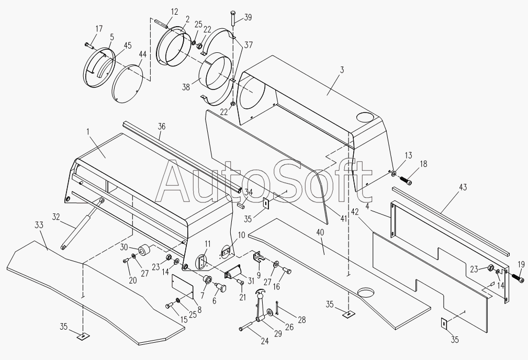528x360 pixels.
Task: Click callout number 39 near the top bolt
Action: tap(248, 17)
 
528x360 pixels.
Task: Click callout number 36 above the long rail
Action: tap(161, 126)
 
